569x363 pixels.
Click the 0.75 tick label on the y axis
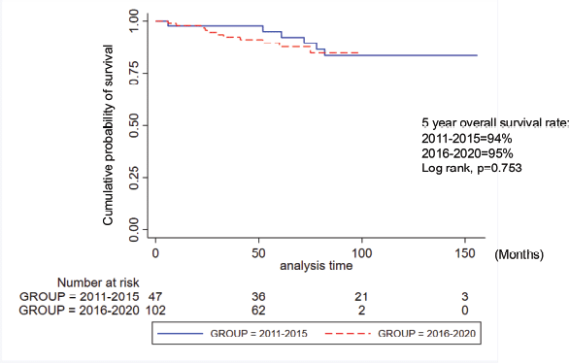coord(134,73)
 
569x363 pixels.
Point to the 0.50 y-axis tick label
coord(134,125)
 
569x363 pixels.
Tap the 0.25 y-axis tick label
coord(134,178)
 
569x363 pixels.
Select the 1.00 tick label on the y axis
coord(134,20)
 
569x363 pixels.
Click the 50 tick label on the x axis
coord(258,253)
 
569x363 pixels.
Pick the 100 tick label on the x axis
coord(362,253)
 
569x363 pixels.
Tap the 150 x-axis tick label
coord(465,253)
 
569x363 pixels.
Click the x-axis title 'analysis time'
coord(317,266)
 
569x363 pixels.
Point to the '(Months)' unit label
coord(519,254)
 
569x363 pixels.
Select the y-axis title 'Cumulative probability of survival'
coord(108,135)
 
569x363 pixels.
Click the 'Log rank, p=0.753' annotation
coord(471,168)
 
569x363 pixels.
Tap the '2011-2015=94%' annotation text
coord(467,139)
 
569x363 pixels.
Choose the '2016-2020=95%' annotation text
coord(467,153)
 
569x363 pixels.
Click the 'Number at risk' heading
coord(98,282)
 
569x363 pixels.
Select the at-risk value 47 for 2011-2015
coord(155,297)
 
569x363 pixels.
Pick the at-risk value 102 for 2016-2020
coord(155,311)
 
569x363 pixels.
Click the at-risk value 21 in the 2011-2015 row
coord(361,297)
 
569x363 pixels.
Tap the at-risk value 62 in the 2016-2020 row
coord(258,311)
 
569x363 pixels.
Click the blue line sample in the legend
coord(181,333)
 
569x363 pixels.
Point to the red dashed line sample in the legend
coord(348,333)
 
